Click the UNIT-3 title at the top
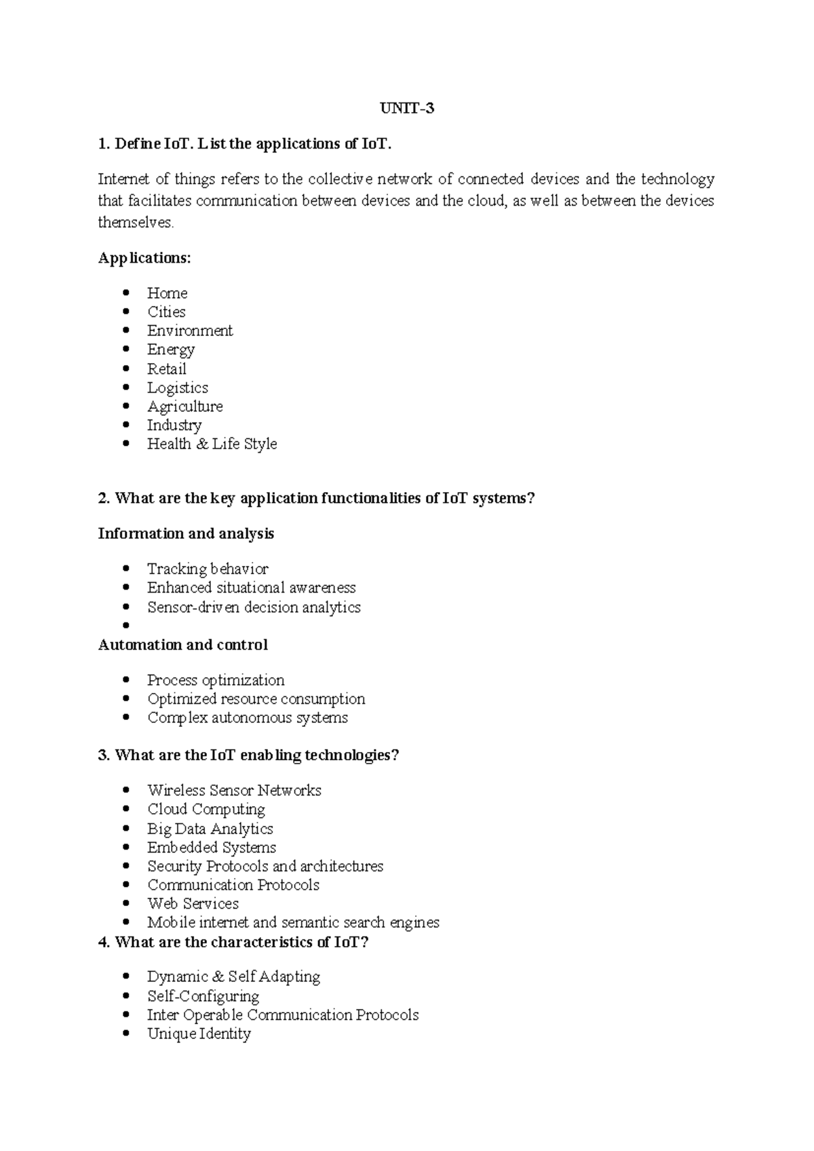pyautogui.click(x=406, y=108)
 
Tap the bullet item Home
pyautogui.click(x=167, y=293)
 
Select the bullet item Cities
pyautogui.click(x=166, y=312)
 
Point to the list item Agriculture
pyautogui.click(x=185, y=407)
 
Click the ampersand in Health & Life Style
pyautogui.click(x=201, y=444)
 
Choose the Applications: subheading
pyautogui.click(x=144, y=258)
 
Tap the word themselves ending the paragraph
pyautogui.click(x=136, y=223)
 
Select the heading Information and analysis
pyautogui.click(x=186, y=533)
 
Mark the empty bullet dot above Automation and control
pyautogui.click(x=125, y=626)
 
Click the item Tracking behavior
pyautogui.click(x=208, y=569)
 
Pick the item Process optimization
pyautogui.click(x=216, y=680)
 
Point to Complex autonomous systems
pyautogui.click(x=248, y=718)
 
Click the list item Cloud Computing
pyautogui.click(x=206, y=809)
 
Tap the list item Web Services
pyautogui.click(x=193, y=904)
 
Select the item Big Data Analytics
pyautogui.click(x=210, y=829)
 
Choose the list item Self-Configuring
pyautogui.click(x=203, y=996)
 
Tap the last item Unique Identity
pyautogui.click(x=199, y=1034)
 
